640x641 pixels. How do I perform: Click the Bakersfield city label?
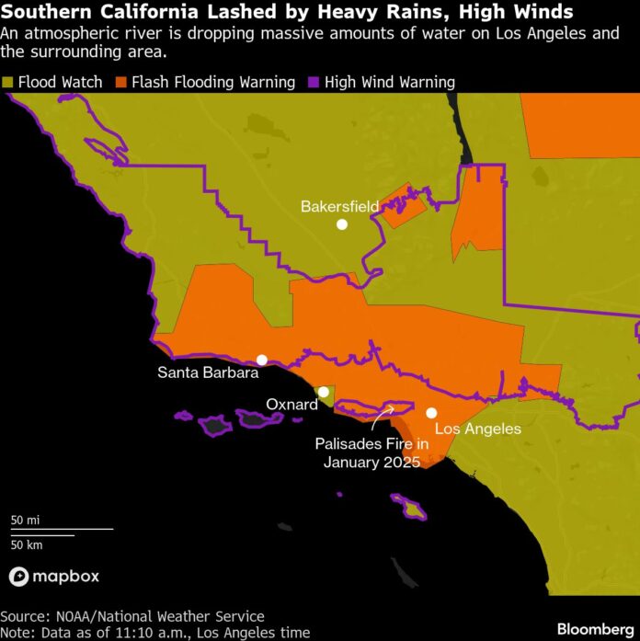tap(339, 206)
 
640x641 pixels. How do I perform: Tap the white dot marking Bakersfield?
tap(341, 223)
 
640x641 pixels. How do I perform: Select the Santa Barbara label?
tap(207, 372)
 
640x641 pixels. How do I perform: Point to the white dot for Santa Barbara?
tap(262, 360)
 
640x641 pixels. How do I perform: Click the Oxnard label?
tap(291, 405)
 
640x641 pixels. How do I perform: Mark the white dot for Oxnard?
tap(323, 392)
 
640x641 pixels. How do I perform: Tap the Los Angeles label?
tap(477, 429)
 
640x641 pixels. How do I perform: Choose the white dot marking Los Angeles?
tap(430, 413)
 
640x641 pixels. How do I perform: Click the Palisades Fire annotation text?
tap(371, 452)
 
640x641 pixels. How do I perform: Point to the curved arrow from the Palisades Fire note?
tap(381, 418)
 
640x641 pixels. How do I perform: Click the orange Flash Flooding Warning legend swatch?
tap(120, 83)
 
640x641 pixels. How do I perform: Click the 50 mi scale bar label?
tap(25, 521)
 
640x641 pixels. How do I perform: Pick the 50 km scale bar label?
tap(27, 544)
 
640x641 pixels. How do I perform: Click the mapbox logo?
tap(54, 577)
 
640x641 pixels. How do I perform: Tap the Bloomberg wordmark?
tap(593, 629)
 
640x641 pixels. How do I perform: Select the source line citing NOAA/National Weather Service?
tap(131, 616)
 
